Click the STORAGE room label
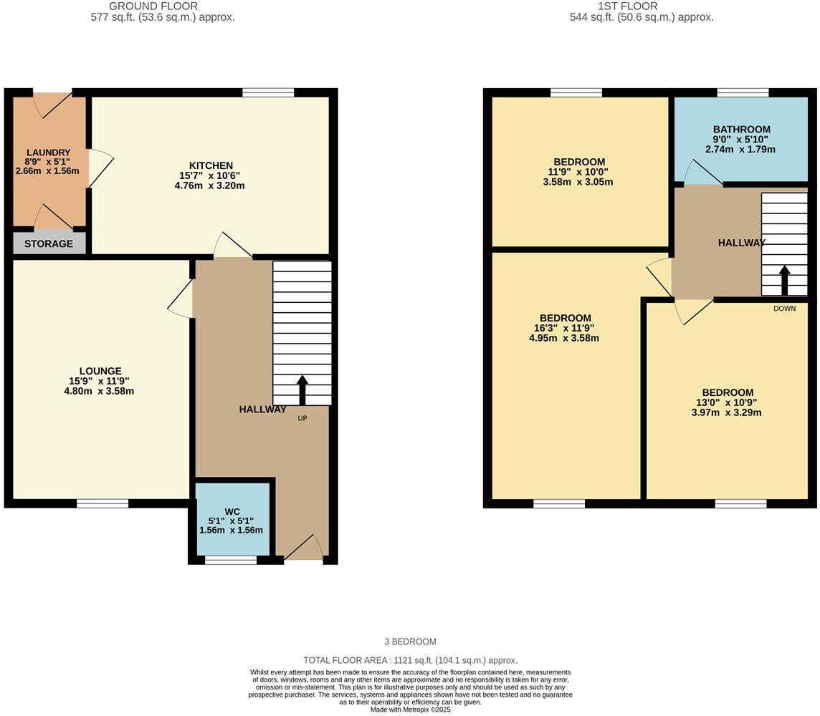(x=49, y=244)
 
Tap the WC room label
(x=231, y=511)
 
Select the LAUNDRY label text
(x=49, y=153)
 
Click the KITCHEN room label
(x=211, y=165)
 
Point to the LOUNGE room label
(x=100, y=372)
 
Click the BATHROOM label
(x=742, y=130)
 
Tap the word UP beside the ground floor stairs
(x=302, y=418)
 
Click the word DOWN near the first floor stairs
(x=784, y=309)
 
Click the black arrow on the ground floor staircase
(x=302, y=390)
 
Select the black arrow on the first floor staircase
(x=784, y=281)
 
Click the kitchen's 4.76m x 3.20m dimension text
(x=210, y=185)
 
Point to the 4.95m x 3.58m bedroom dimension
(x=564, y=338)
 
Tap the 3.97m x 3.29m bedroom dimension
(x=726, y=412)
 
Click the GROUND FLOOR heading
(x=153, y=6)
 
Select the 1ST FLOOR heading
(x=628, y=6)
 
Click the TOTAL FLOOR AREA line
(x=411, y=661)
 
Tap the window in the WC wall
(x=231, y=561)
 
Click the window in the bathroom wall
(x=743, y=93)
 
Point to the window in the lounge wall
(x=102, y=503)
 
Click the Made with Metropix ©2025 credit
(x=411, y=710)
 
